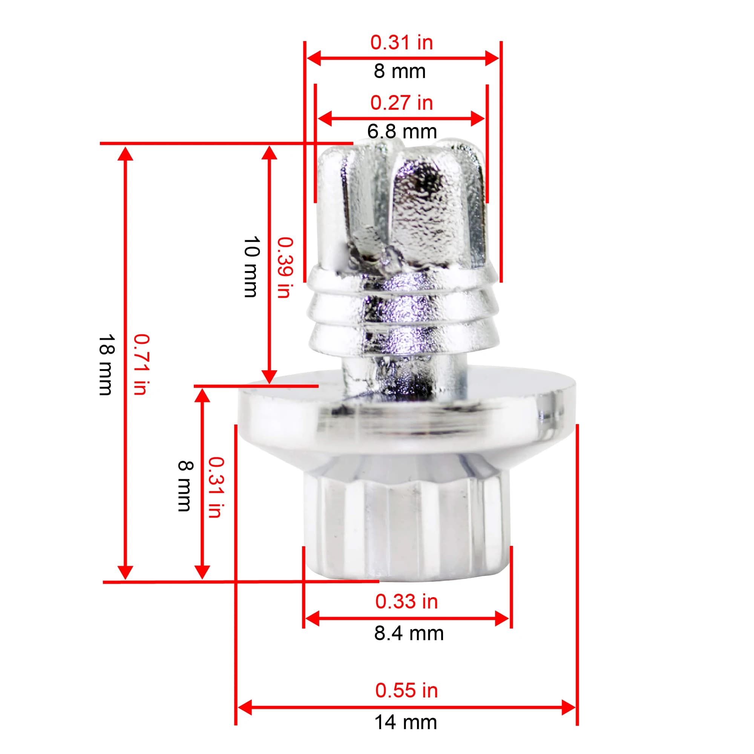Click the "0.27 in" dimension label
click(402, 103)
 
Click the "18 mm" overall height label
click(106, 365)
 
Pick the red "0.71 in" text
click(141, 365)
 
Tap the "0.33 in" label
click(406, 601)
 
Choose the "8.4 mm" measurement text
click(409, 633)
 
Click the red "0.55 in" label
click(406, 690)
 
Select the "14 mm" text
click(406, 722)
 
